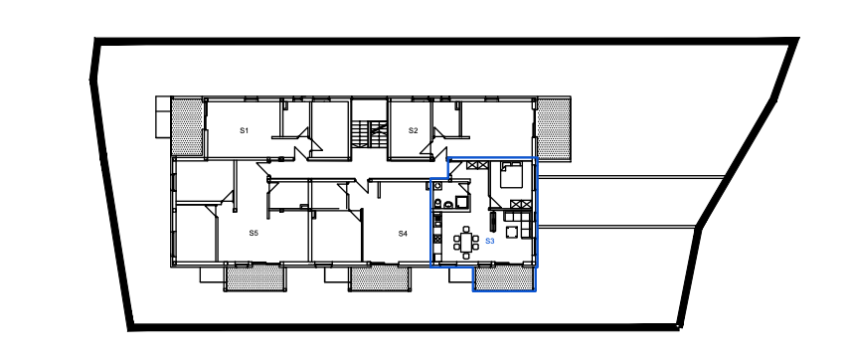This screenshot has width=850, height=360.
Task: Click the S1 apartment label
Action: [x=244, y=130]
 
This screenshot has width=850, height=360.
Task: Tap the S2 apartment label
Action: [x=414, y=130]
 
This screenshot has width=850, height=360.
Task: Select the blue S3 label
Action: [x=490, y=241]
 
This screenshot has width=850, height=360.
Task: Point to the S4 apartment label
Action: [x=403, y=234]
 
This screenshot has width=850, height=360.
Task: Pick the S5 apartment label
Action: [x=254, y=233]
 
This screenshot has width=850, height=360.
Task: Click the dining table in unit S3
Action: [x=466, y=242]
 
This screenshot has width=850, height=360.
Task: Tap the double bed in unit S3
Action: [x=511, y=175]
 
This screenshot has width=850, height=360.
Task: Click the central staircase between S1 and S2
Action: [x=369, y=134]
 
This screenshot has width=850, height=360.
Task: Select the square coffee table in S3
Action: [x=512, y=233]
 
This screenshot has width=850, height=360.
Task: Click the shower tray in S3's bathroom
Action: [x=462, y=202]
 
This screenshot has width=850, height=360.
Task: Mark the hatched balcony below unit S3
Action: [x=503, y=278]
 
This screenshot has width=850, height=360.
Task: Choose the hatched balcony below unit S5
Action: [x=255, y=277]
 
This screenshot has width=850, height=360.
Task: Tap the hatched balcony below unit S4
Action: [x=379, y=277]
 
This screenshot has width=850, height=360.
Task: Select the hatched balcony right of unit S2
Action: [x=554, y=128]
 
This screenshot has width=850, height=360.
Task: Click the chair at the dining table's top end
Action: [x=466, y=229]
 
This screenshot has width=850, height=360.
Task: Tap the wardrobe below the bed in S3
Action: [x=520, y=205]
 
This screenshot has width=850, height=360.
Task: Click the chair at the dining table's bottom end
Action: [x=466, y=255]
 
